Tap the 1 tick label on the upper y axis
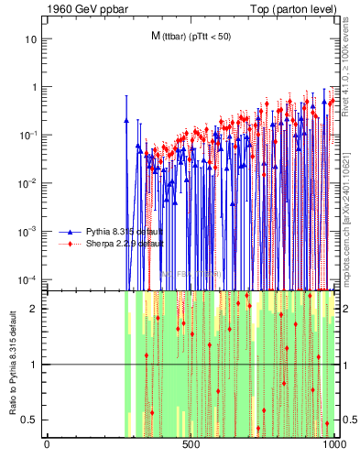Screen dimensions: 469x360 coord(35,88)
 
